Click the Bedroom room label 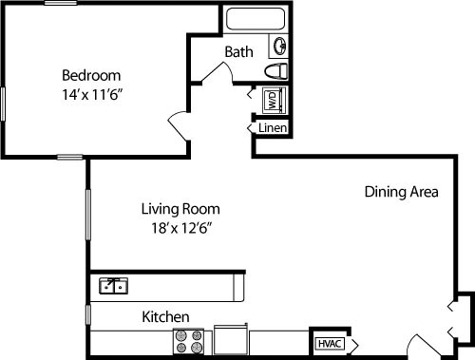click(x=91, y=75)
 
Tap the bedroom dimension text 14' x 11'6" click(x=91, y=94)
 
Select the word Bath click(x=238, y=52)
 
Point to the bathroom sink click(x=281, y=45)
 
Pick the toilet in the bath click(x=275, y=72)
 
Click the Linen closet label click(x=271, y=126)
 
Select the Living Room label click(x=180, y=208)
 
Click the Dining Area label click(x=401, y=192)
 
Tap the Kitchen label click(x=165, y=316)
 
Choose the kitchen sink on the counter click(x=115, y=284)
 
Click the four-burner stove click(x=188, y=341)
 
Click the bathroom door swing click(x=211, y=75)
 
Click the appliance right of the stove click(x=231, y=339)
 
